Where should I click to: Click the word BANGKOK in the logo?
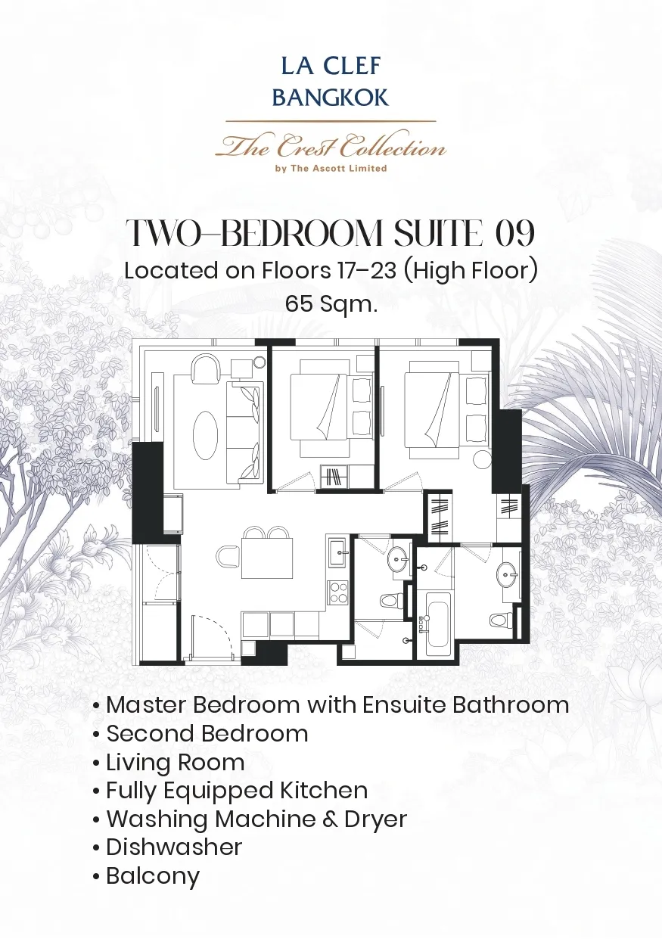point(331,98)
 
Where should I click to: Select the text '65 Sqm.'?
point(331,304)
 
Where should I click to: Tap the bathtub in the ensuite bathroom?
point(438,623)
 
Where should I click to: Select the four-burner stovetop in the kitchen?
point(338,592)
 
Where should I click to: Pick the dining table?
point(267,558)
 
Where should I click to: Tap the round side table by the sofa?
point(260,362)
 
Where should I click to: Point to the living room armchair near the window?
point(206,368)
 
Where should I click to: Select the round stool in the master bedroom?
point(482,459)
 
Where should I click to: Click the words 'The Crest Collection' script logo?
point(331,146)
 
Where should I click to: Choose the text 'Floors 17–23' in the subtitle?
point(329,270)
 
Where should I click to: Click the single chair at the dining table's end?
point(228,557)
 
